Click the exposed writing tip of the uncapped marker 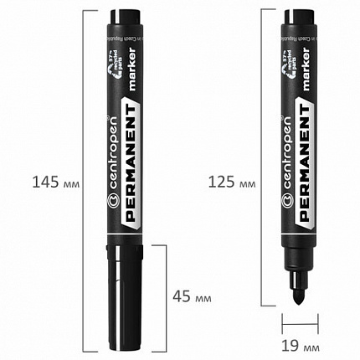click(x=297, y=293)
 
